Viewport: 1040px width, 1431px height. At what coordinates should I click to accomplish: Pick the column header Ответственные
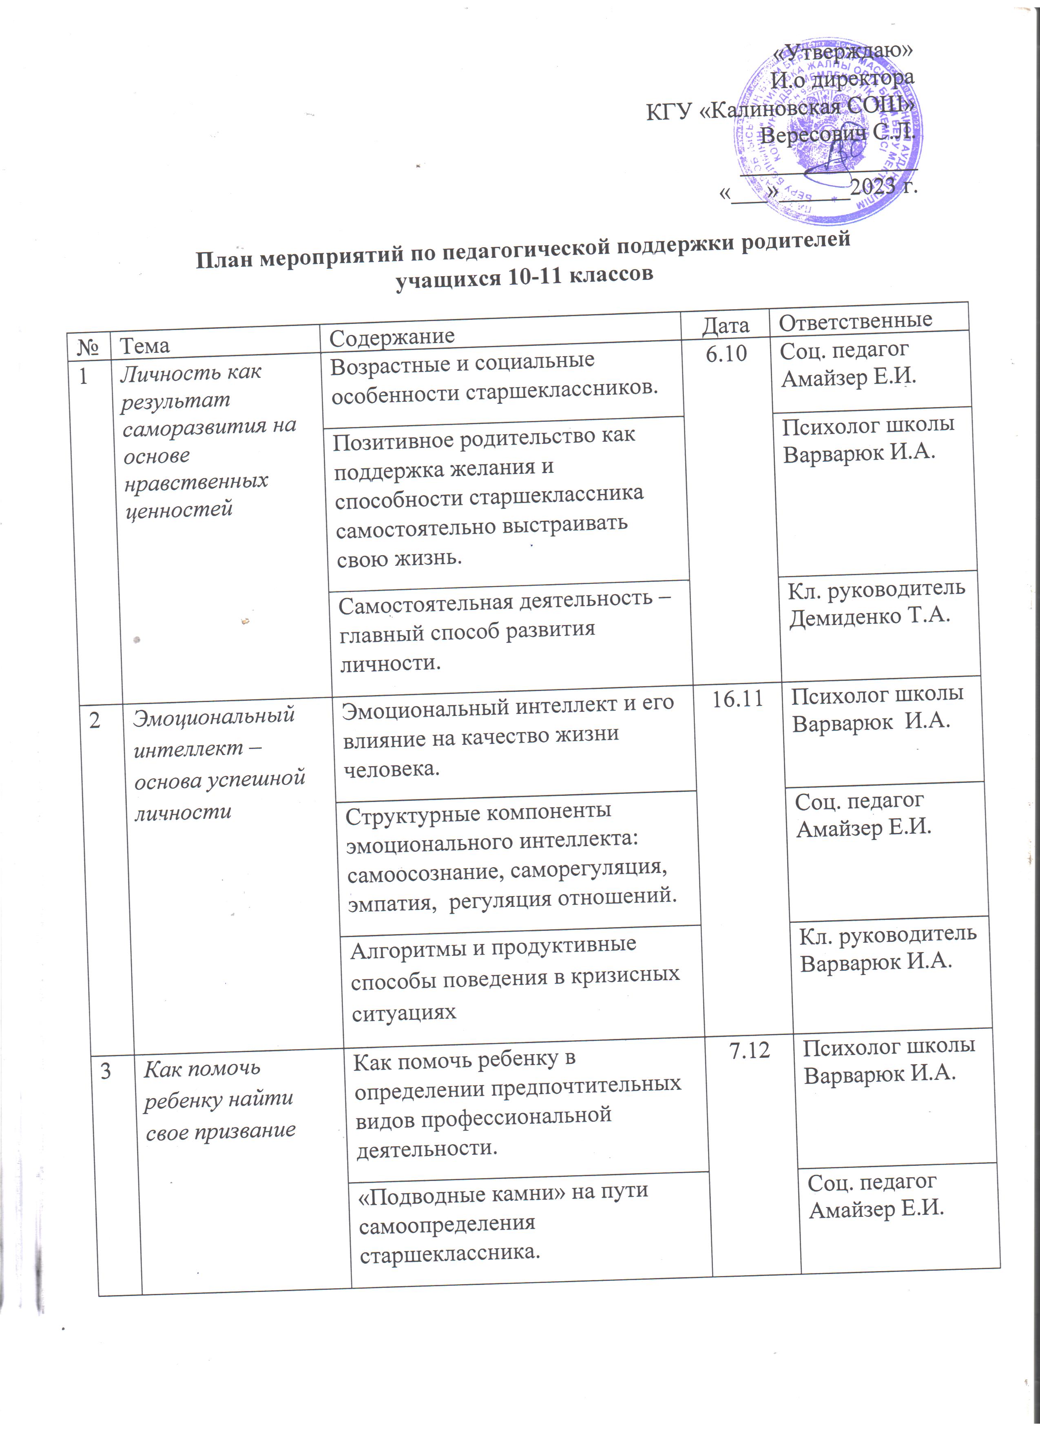pyautogui.click(x=856, y=321)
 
